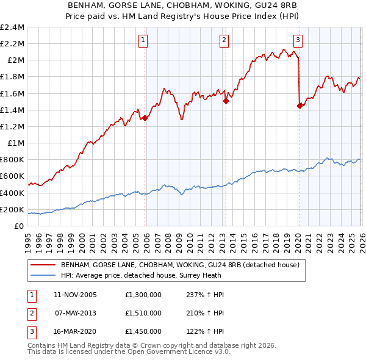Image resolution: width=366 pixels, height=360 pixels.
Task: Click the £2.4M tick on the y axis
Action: pos(12,27)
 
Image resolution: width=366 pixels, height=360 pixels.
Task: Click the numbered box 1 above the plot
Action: pos(143,41)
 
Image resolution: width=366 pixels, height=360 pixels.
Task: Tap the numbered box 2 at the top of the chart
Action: pos(224,41)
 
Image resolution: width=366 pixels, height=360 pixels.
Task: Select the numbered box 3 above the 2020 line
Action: pos(298,41)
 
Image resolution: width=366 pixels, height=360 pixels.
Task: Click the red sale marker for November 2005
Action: pos(145,118)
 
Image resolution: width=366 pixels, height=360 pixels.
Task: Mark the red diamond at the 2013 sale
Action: pos(226,101)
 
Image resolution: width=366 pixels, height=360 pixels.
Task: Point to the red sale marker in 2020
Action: pos(300,106)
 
